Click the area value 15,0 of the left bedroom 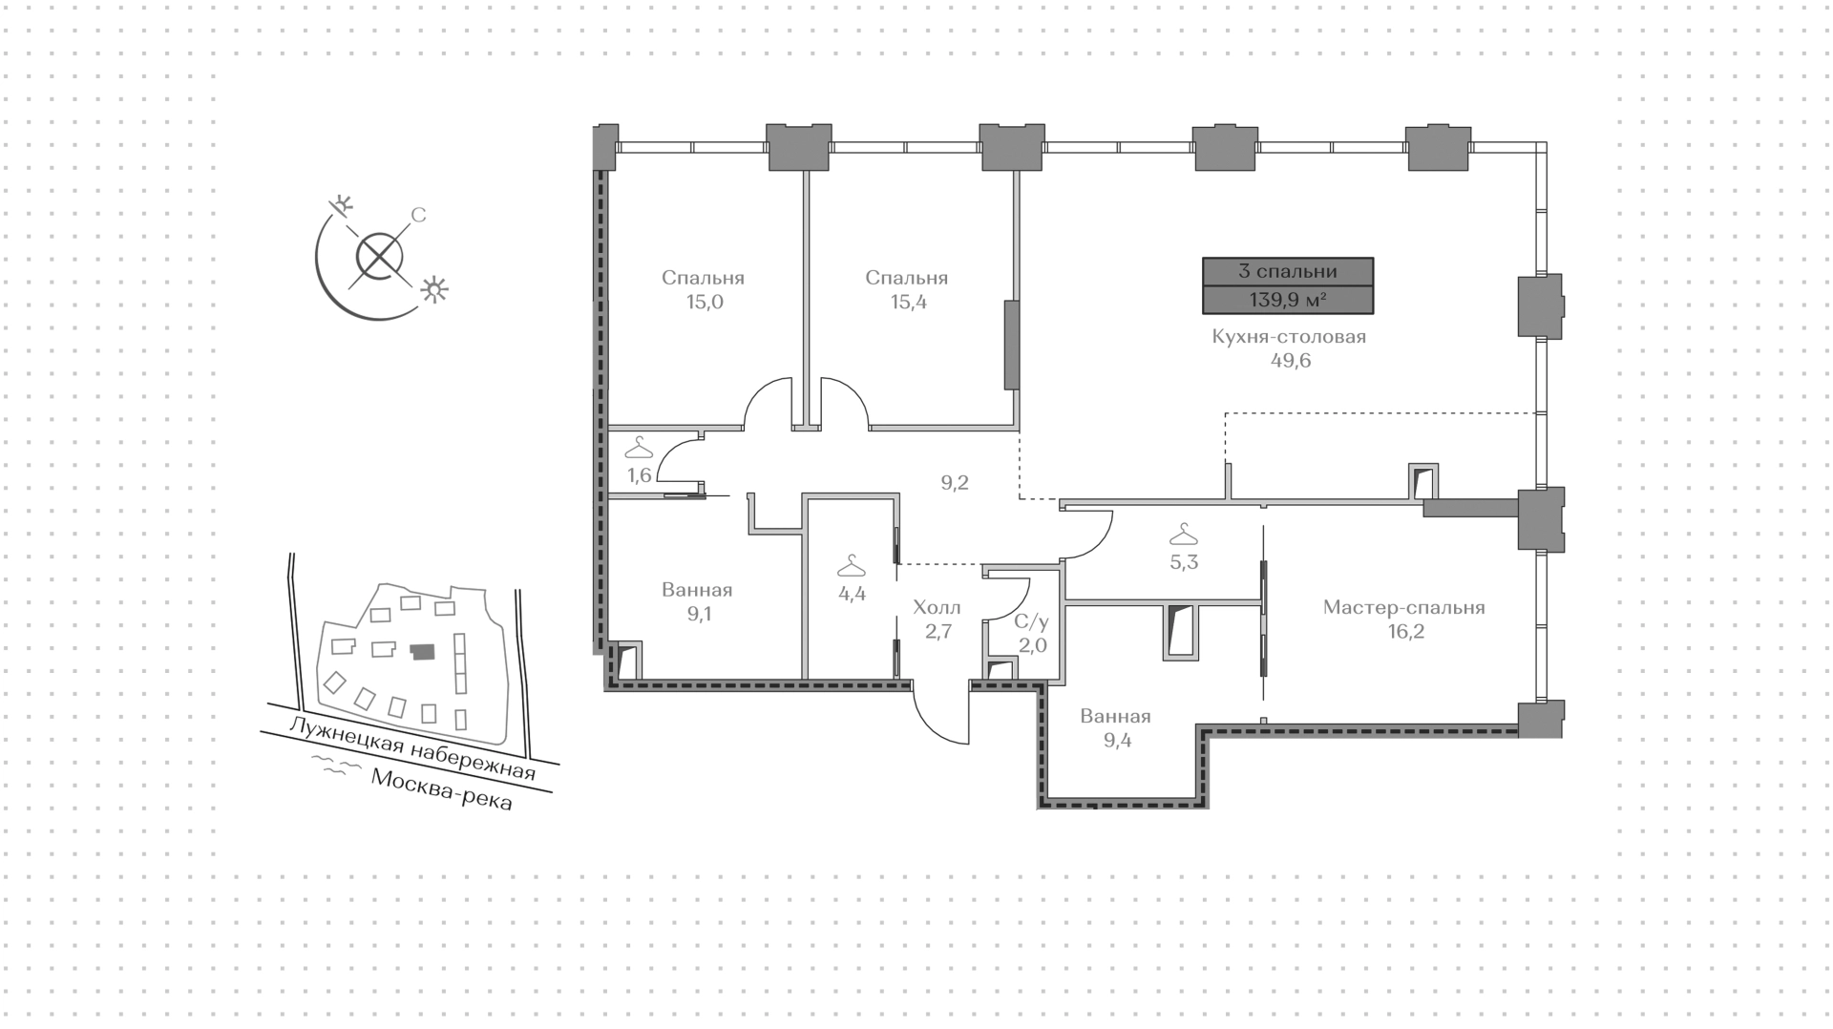point(703,303)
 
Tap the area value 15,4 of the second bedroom point(906,303)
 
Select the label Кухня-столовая point(1289,337)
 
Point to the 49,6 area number point(1290,361)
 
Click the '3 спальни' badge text point(1288,271)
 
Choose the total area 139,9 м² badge point(1288,300)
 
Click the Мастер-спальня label point(1403,608)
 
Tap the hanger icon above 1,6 point(639,447)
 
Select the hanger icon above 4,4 point(852,567)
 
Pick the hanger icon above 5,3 point(1184,534)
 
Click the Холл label point(937,608)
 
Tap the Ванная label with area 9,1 point(697,590)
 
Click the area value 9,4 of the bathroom point(1117,740)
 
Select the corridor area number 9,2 point(955,483)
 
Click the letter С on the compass point(418,216)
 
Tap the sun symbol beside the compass point(435,289)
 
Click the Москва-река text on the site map point(441,790)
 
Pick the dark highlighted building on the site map point(422,652)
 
